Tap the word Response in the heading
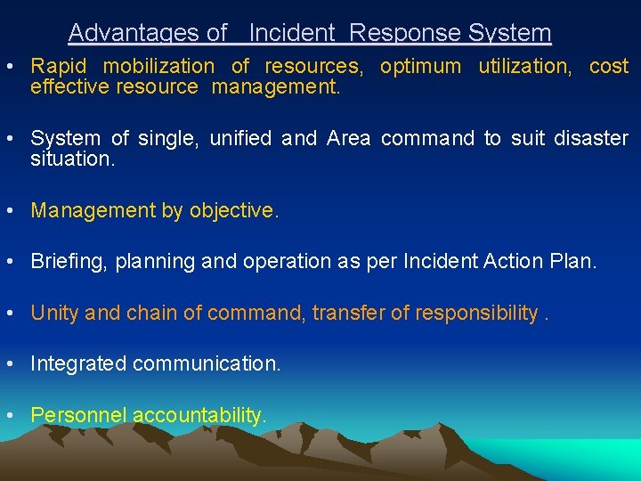point(393,33)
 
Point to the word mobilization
point(158,66)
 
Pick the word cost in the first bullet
point(609,66)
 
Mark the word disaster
point(590,138)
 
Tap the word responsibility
point(472,313)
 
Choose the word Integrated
point(78,363)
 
